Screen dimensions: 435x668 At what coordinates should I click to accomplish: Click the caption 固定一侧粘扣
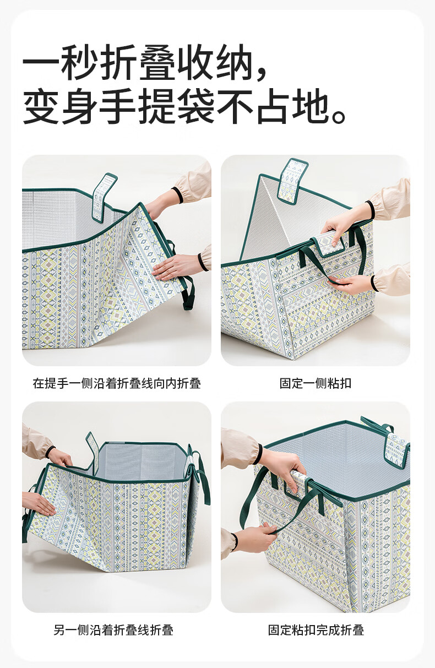pyautogui.click(x=315, y=383)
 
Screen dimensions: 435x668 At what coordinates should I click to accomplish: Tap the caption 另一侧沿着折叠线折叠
pyautogui.click(x=113, y=630)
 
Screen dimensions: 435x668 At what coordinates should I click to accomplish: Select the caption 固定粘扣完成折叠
pyautogui.click(x=316, y=630)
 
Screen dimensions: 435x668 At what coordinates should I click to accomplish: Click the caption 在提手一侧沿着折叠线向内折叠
pyautogui.click(x=117, y=383)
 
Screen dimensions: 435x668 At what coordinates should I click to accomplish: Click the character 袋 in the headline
pyautogui.click(x=197, y=106)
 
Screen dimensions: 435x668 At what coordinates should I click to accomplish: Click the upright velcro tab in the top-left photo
pyautogui.click(x=104, y=198)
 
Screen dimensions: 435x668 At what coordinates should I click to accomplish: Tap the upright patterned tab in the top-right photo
pyautogui.click(x=292, y=181)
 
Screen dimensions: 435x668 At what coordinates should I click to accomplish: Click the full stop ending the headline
pyautogui.click(x=339, y=116)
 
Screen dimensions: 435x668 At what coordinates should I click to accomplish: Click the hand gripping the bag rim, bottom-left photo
pyautogui.click(x=61, y=459)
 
